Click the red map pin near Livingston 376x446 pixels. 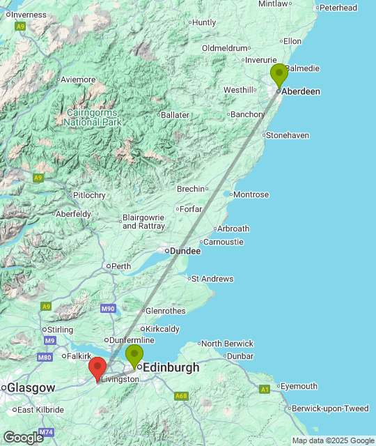pyautogui.click(x=97, y=367)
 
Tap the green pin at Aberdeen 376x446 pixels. pyautogui.click(x=279, y=74)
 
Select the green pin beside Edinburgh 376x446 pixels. pyautogui.click(x=134, y=355)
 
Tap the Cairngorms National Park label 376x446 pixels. pyautogui.click(x=93, y=117)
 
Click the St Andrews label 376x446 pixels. pyautogui.click(x=212, y=279)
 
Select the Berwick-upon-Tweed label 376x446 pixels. pyautogui.click(x=330, y=408)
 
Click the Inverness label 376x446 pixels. pyautogui.click(x=29, y=15)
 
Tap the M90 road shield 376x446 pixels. pyautogui.click(x=107, y=309)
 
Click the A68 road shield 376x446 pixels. pyautogui.click(x=181, y=396)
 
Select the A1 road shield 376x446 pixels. pyautogui.click(x=264, y=389)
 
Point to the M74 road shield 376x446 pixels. pyautogui.click(x=46, y=432)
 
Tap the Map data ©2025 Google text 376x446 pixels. pyautogui.click(x=332, y=440)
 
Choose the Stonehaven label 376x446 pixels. pyautogui.click(x=287, y=135)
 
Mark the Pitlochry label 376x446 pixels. pyautogui.click(x=89, y=195)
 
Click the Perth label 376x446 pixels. pyautogui.click(x=120, y=266)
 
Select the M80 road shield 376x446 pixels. pyautogui.click(x=45, y=357)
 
